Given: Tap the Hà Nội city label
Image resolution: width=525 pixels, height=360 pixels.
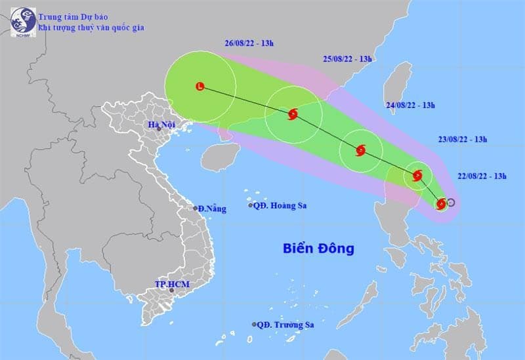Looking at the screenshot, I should pos(159,125).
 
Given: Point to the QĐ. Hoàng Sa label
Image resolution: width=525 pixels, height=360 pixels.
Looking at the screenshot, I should pos(282,205).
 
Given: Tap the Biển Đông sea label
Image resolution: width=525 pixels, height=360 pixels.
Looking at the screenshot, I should pos(319,249).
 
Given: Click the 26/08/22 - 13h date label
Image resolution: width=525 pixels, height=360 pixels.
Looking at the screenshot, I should pos(248,43).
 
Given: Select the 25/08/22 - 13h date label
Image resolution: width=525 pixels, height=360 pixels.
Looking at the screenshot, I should pos(347,59).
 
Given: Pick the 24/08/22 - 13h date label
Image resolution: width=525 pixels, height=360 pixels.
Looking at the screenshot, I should pos(411,105).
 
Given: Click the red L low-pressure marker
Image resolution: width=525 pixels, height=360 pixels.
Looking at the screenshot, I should pos(200,85).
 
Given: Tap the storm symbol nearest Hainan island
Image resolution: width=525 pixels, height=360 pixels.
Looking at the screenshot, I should pos(293,114).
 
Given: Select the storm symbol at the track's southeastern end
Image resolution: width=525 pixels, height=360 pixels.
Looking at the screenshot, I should pos(441,204).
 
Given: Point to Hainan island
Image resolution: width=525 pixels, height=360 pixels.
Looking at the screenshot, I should pos(217,157).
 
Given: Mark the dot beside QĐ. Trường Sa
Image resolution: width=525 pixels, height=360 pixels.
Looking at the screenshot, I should pos(253,325).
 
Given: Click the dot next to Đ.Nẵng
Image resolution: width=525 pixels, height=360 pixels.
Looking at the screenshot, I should pos(195,209).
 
